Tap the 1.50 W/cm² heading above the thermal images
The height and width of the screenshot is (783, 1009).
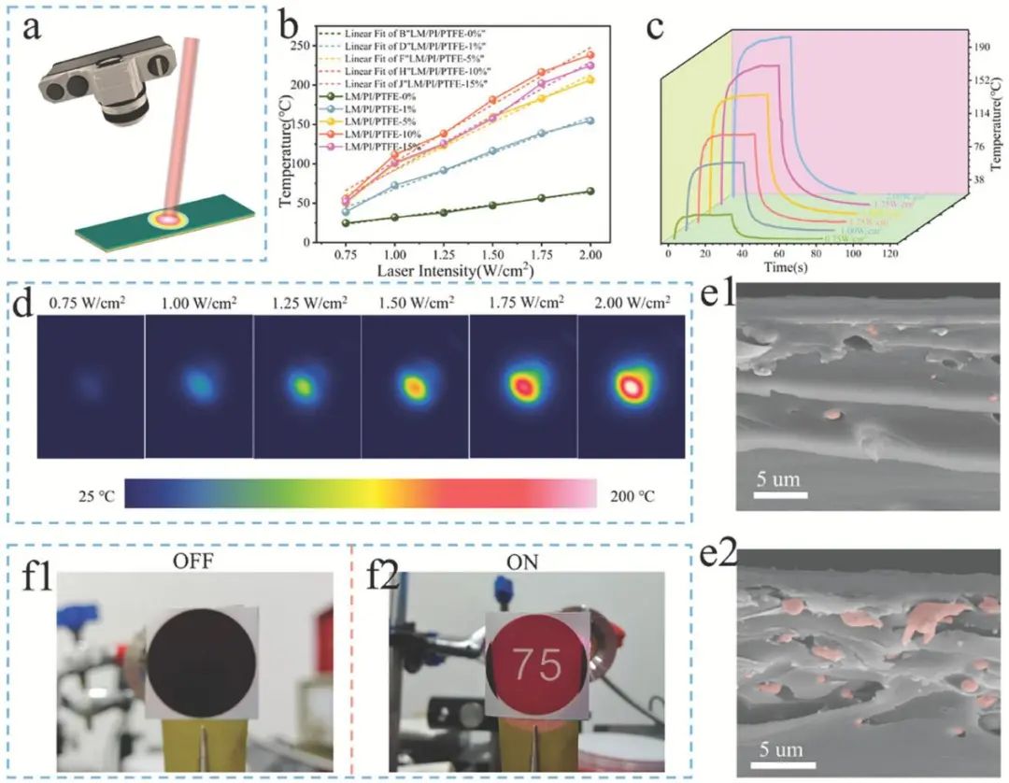413,305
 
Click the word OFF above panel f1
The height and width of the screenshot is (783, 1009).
194,562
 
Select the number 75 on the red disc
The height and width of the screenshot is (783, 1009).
538,664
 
